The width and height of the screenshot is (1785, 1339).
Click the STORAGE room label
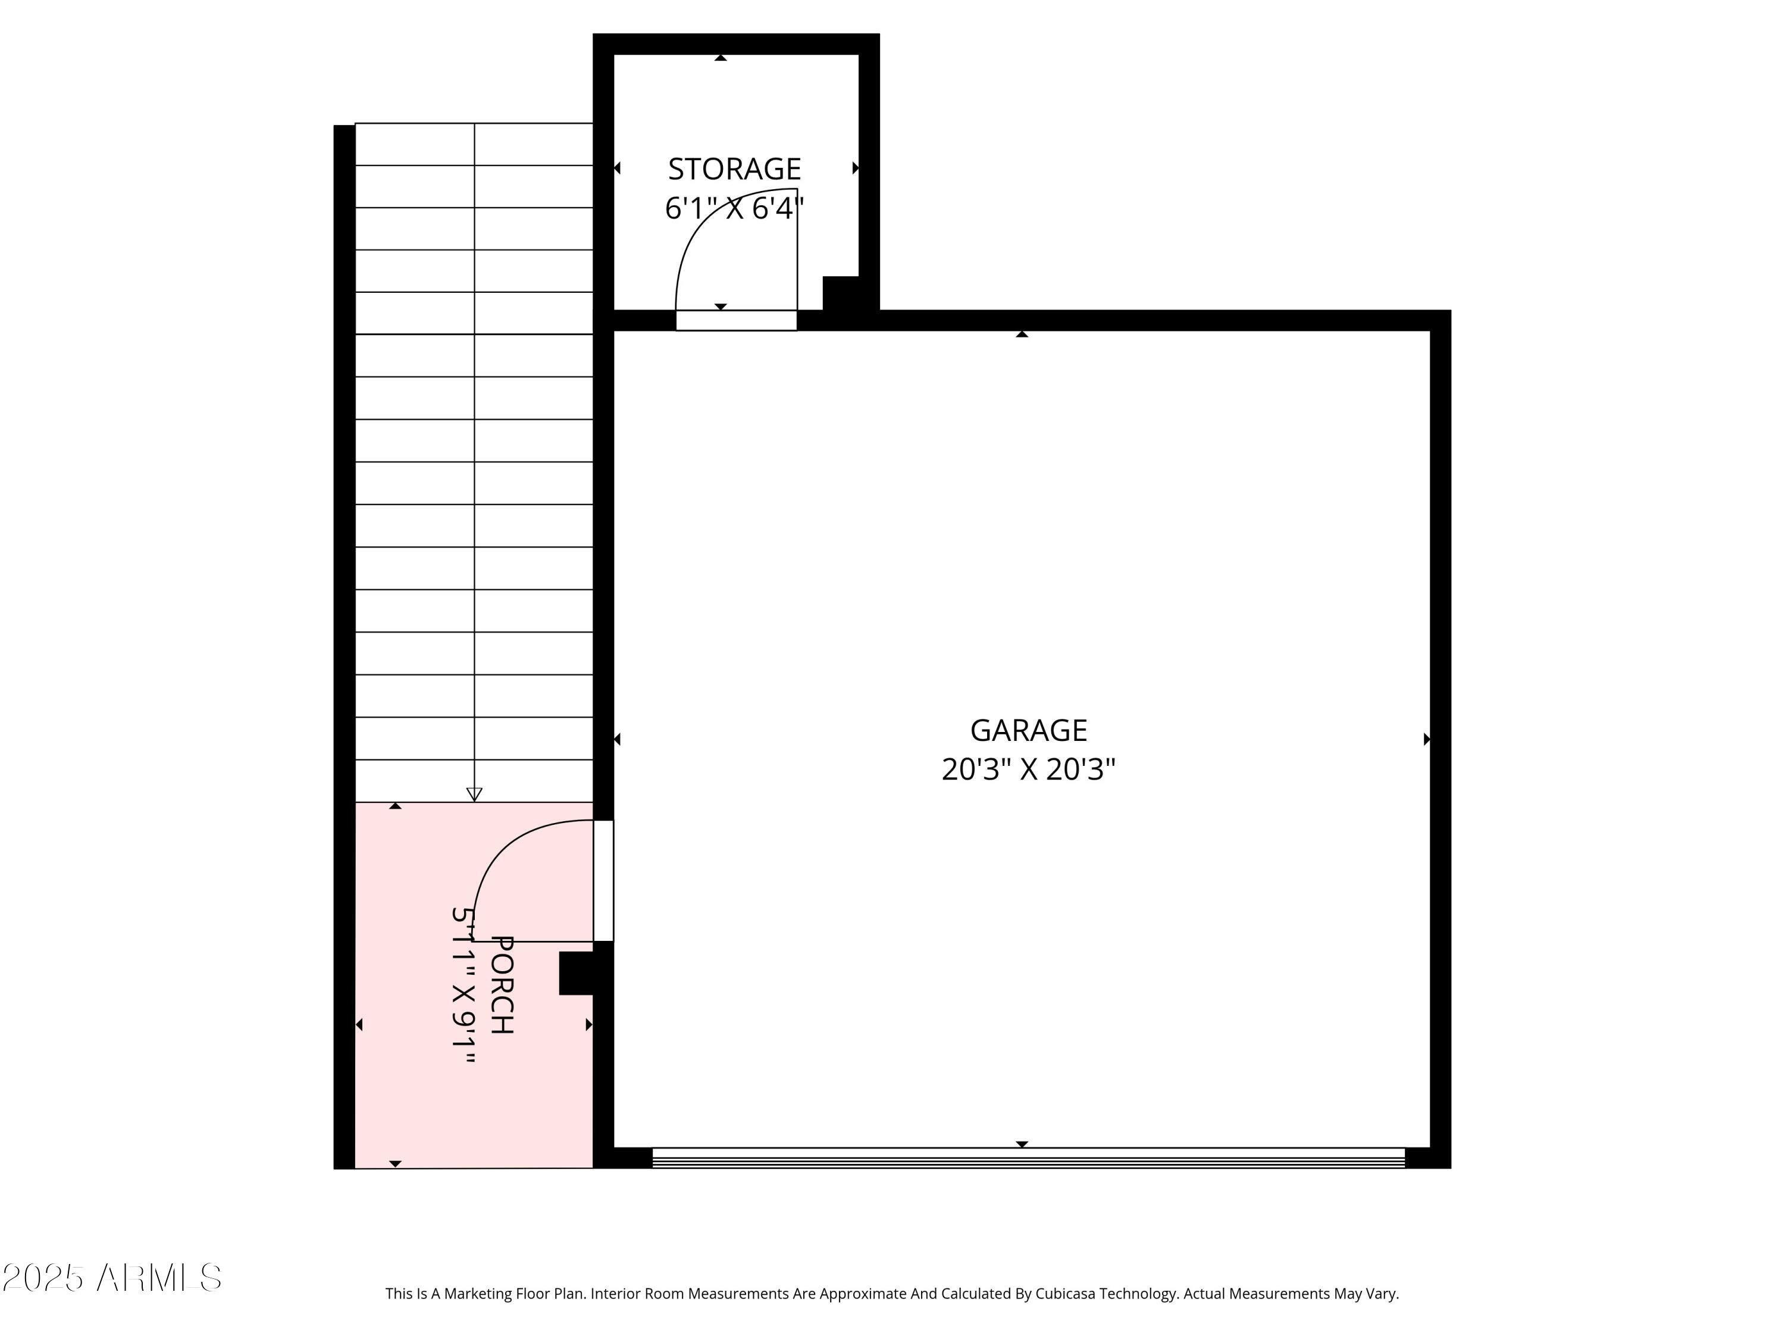(x=734, y=168)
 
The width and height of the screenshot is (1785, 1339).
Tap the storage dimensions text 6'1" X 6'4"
(x=734, y=208)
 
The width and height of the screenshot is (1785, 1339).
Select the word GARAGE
(x=1028, y=730)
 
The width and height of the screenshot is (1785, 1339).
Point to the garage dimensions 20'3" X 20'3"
(x=1028, y=769)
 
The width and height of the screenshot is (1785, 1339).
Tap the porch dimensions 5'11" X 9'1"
(x=463, y=985)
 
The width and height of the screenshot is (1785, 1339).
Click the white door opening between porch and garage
(x=603, y=881)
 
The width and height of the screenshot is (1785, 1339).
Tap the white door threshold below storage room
(x=736, y=320)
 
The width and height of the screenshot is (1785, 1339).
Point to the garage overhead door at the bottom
(x=1028, y=1158)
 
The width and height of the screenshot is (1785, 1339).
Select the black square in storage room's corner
(x=841, y=293)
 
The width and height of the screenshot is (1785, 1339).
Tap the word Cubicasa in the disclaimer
(x=1064, y=1294)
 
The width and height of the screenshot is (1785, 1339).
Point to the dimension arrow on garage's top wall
(x=1022, y=333)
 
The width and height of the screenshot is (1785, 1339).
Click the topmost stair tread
(x=474, y=145)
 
